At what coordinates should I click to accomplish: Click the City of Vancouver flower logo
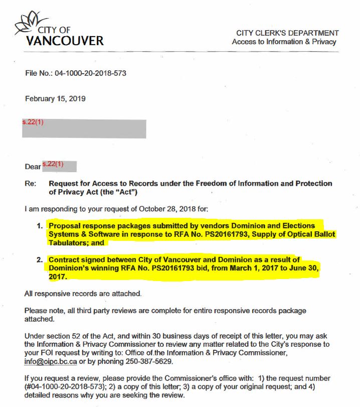tap(31, 22)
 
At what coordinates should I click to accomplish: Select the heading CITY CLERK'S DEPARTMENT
tap(287, 33)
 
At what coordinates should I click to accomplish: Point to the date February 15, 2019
tap(55, 99)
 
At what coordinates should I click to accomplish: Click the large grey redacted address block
tap(84, 129)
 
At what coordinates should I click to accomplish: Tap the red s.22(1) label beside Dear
tap(53, 164)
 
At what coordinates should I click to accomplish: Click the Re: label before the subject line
tap(30, 184)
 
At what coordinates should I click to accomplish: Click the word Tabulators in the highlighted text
tap(67, 243)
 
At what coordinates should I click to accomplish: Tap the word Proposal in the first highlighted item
tap(66, 226)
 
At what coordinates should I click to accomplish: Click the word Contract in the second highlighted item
tap(65, 260)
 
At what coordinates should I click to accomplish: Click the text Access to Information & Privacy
tap(284, 42)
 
